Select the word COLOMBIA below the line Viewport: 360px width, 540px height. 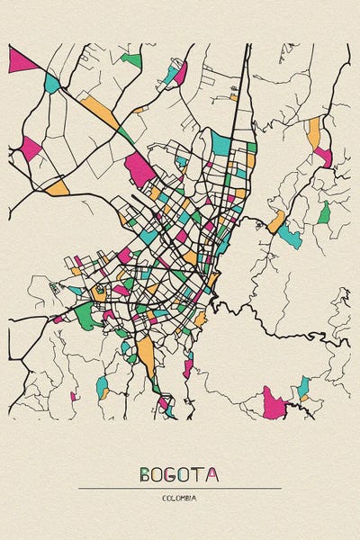pos(180,498)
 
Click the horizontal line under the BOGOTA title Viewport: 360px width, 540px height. pos(180,488)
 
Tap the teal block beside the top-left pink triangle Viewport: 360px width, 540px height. pos(52,84)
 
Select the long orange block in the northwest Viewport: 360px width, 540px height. pos(100,113)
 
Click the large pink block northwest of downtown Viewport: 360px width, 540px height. pos(139,168)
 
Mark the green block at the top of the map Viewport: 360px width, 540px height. pos(132,60)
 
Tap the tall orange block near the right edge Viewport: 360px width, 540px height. pos(313,132)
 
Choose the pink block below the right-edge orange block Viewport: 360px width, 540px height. pos(323,157)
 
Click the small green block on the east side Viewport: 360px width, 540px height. pos(323,213)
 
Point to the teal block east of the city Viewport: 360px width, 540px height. pos(290,236)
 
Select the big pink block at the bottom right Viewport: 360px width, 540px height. pos(273,403)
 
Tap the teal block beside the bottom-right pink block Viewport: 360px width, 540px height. pos(303,388)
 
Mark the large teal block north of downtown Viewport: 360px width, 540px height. pos(220,142)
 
